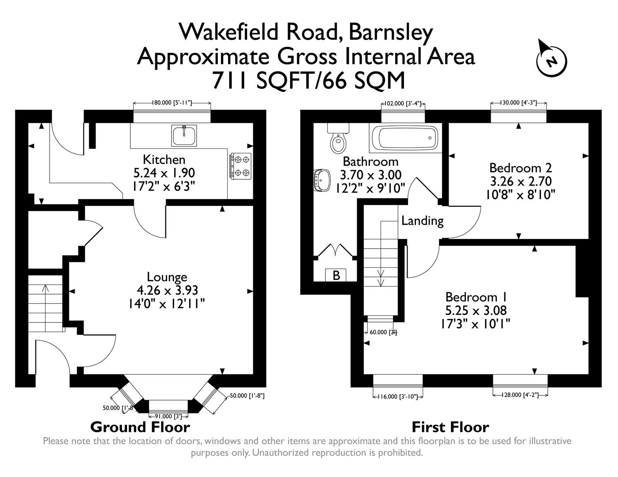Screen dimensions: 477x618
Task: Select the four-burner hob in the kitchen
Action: point(240,166)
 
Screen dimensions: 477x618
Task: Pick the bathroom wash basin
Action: point(322,180)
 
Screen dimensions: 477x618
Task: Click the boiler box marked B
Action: point(336,275)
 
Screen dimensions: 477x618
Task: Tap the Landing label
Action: point(422,220)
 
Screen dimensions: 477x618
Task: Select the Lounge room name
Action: point(167,277)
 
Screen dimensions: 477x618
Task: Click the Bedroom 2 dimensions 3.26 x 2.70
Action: point(520,181)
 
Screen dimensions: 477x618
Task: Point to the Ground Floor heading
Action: point(140,427)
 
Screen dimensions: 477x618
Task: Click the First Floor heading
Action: point(450,427)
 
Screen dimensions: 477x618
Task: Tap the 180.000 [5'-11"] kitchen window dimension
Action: point(172,103)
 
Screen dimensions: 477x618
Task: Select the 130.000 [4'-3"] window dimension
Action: point(519,103)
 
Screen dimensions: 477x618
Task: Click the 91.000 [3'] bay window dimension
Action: point(168,416)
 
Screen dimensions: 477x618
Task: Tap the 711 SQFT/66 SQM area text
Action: point(309,80)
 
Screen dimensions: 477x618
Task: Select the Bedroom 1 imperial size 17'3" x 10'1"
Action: point(475,324)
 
